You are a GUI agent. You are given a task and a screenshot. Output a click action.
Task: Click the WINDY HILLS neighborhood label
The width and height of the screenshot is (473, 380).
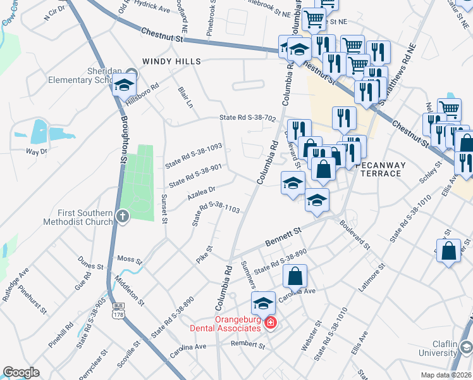(171, 61)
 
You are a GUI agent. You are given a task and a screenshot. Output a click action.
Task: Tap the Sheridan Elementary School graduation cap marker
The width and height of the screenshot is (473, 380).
(125, 84)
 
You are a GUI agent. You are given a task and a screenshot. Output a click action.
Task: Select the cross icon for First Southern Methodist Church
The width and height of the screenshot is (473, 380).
(123, 217)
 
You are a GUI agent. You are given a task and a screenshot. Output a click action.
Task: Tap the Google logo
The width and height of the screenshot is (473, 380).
(21, 372)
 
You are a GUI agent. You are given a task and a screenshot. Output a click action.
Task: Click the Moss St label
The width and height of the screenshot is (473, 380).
(130, 260)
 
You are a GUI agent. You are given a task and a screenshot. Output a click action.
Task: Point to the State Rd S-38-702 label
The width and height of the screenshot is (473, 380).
(248, 118)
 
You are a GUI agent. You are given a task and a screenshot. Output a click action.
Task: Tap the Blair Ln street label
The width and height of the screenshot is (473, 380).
(185, 97)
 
